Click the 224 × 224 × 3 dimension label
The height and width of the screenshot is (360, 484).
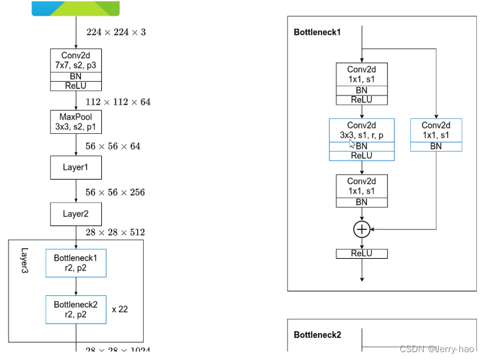116,31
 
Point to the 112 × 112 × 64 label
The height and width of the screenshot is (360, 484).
118,102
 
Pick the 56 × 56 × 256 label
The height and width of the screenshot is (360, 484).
115,192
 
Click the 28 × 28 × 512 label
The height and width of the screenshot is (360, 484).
115,232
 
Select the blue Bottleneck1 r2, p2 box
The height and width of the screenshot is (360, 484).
76,263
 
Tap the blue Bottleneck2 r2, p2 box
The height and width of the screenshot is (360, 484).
76,309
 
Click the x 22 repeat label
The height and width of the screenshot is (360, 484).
120,309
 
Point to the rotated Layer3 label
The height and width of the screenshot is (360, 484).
25,261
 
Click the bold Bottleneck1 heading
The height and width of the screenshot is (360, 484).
317,31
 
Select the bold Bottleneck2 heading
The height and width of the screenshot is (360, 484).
317,335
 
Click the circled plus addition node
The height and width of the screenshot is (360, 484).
362,229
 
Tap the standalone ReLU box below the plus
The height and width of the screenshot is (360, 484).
362,254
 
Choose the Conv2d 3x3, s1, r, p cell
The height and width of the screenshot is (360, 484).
362,130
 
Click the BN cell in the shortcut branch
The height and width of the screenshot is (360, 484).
436,146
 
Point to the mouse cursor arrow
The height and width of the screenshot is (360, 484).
351,143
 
